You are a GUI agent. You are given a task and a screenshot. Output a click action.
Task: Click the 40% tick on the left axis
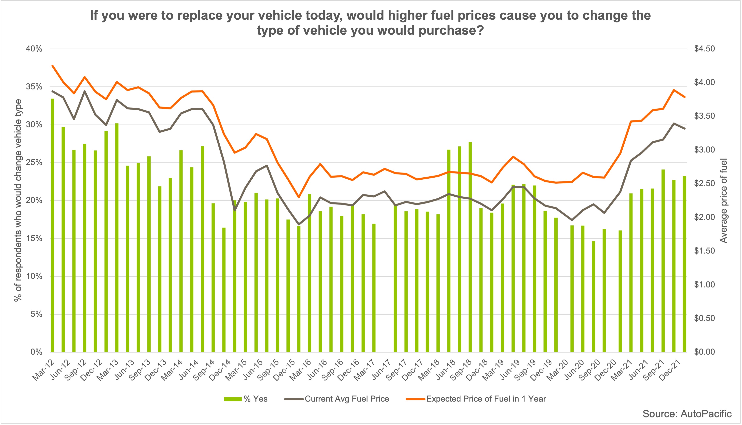[x=34, y=49]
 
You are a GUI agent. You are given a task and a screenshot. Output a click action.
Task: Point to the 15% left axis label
[x=34, y=239]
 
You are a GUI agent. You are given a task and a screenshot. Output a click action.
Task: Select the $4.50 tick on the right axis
[x=704, y=49]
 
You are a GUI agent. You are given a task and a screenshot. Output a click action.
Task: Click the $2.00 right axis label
[x=704, y=217]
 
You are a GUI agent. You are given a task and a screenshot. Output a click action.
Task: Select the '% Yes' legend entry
[x=246, y=399]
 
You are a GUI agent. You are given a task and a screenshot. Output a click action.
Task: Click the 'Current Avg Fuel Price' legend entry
[x=337, y=399]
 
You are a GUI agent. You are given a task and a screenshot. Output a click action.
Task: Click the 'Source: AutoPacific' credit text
[x=687, y=414]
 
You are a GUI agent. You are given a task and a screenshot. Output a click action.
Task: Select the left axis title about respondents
[x=18, y=200]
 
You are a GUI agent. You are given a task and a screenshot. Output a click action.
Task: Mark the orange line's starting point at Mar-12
[x=52, y=66]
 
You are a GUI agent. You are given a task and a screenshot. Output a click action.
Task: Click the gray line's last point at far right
[x=685, y=128]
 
